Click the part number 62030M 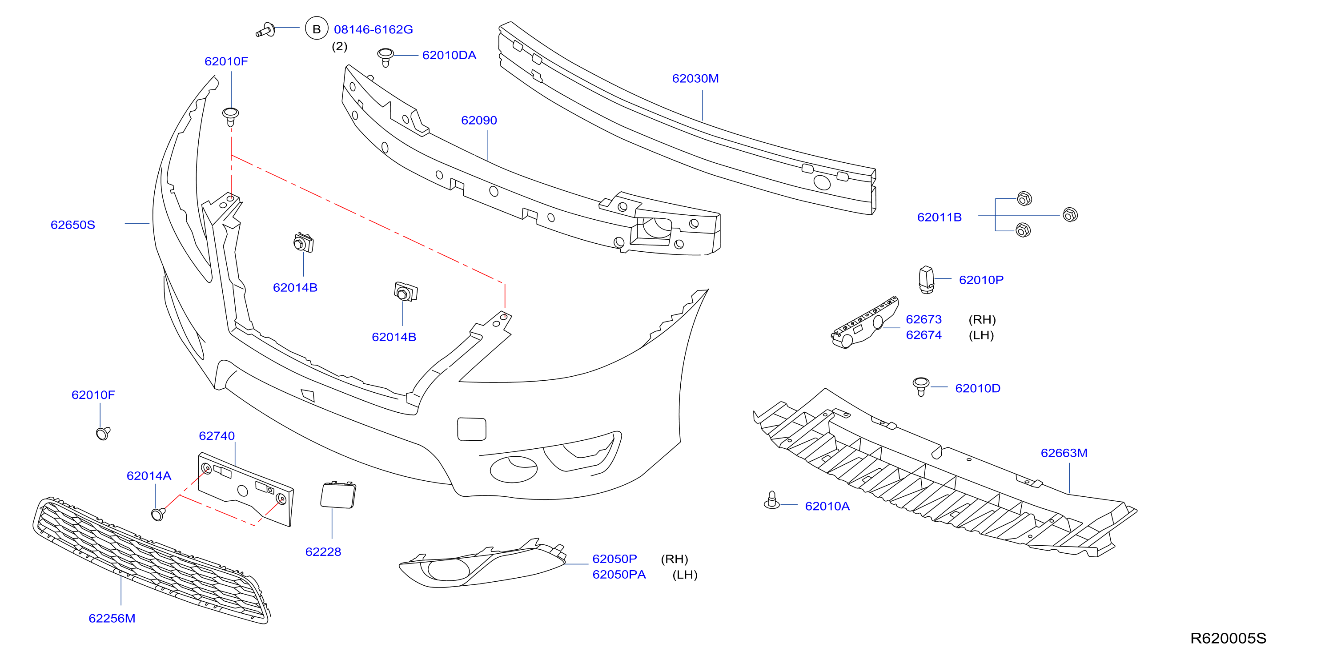695,78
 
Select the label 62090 479,120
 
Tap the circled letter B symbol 317,28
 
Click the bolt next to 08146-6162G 266,30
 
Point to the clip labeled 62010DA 385,57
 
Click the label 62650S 72,225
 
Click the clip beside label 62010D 921,386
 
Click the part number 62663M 1064,453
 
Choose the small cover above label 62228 337,495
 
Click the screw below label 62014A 158,514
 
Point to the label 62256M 112,619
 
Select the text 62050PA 619,575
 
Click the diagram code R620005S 1228,639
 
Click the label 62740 217,436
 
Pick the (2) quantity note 339,47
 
